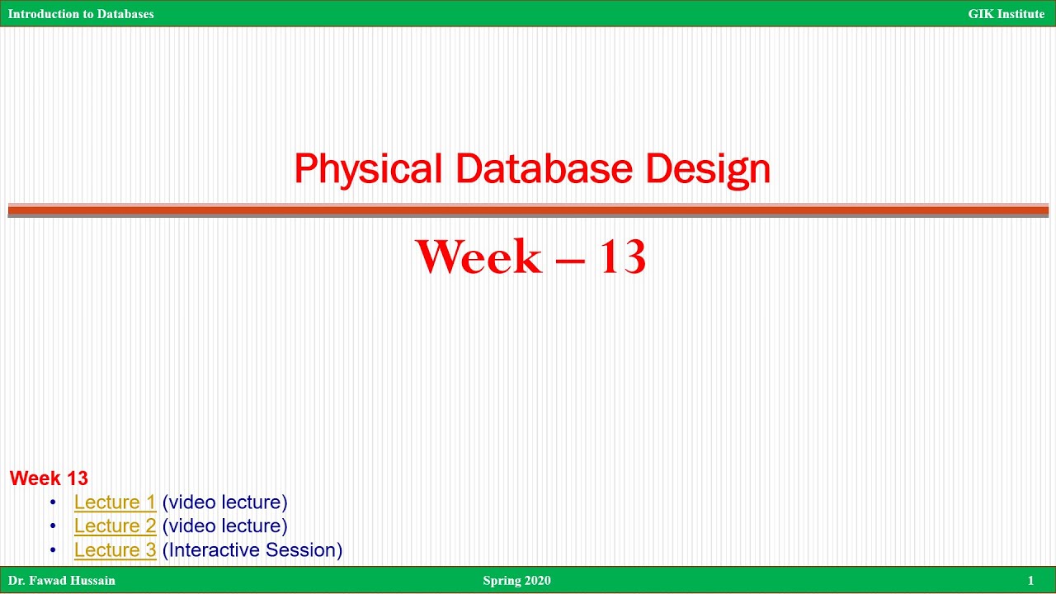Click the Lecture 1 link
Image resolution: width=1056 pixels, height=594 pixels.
115,502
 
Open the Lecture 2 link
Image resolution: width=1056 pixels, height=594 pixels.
115,526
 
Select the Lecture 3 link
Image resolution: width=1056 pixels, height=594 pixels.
115,549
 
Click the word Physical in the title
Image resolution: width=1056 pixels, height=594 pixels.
367,169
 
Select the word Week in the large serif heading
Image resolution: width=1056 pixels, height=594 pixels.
478,257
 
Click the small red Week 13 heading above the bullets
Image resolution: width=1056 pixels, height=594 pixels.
49,478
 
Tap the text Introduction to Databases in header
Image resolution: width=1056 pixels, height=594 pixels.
81,14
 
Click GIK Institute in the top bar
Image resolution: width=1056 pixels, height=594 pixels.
1006,14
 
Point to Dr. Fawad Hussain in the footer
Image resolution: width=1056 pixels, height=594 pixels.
62,580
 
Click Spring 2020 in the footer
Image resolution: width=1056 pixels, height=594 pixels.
516,580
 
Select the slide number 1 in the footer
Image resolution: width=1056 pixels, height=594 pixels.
1030,580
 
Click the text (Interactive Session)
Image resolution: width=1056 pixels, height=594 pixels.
252,549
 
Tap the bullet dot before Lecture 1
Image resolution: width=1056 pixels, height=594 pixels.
54,502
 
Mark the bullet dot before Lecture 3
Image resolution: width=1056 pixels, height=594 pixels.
54,550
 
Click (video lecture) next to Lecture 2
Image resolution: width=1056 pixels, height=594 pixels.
224,526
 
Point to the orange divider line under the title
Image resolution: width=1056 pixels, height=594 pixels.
528,210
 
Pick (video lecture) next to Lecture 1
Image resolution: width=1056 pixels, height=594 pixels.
224,502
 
